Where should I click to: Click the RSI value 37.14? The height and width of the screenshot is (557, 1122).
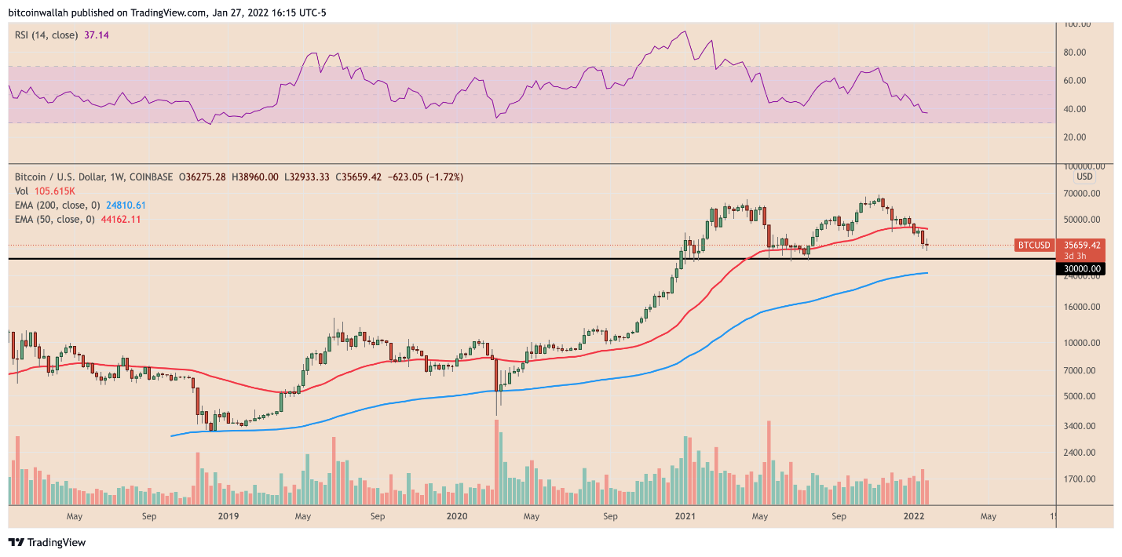pos(96,35)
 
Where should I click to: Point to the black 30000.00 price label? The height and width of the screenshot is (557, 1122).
pos(1080,269)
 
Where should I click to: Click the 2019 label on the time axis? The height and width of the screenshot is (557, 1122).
pos(228,517)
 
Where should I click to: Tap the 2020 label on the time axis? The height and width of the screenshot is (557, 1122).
pos(456,517)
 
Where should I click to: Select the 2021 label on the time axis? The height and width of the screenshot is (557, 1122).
pos(685,517)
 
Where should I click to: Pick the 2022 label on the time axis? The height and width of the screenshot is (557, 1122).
pos(913,517)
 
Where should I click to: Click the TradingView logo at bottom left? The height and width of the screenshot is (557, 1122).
pos(47,542)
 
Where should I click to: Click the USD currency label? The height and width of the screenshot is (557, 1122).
pos(1084,177)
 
